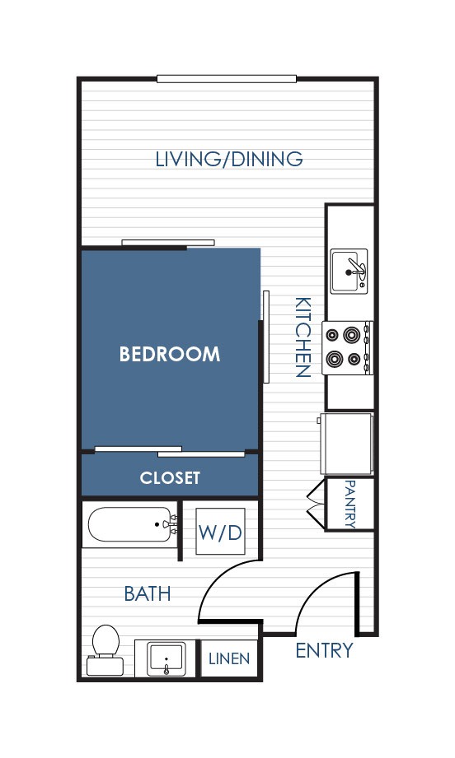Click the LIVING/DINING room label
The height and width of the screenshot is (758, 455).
click(x=229, y=159)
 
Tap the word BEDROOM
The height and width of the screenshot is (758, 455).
click(x=170, y=355)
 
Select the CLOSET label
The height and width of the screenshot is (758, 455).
click(x=170, y=477)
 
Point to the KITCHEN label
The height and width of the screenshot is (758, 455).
click(x=303, y=337)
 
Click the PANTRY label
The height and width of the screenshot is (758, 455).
click(x=350, y=504)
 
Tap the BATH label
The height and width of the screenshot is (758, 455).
click(x=148, y=593)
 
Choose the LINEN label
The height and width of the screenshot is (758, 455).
click(x=229, y=658)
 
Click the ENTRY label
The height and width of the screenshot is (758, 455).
click(x=324, y=651)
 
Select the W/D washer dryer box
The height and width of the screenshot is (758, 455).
click(x=220, y=532)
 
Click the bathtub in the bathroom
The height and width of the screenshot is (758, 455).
click(x=132, y=524)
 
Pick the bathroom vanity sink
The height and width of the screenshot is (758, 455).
click(x=166, y=658)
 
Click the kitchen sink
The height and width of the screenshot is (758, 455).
click(x=349, y=272)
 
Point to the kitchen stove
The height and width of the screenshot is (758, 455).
click(x=348, y=347)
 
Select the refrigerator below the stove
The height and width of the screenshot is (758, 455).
click(x=346, y=444)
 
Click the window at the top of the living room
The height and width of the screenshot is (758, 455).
click(x=227, y=79)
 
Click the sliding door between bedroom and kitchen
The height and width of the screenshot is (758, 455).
click(x=265, y=337)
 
